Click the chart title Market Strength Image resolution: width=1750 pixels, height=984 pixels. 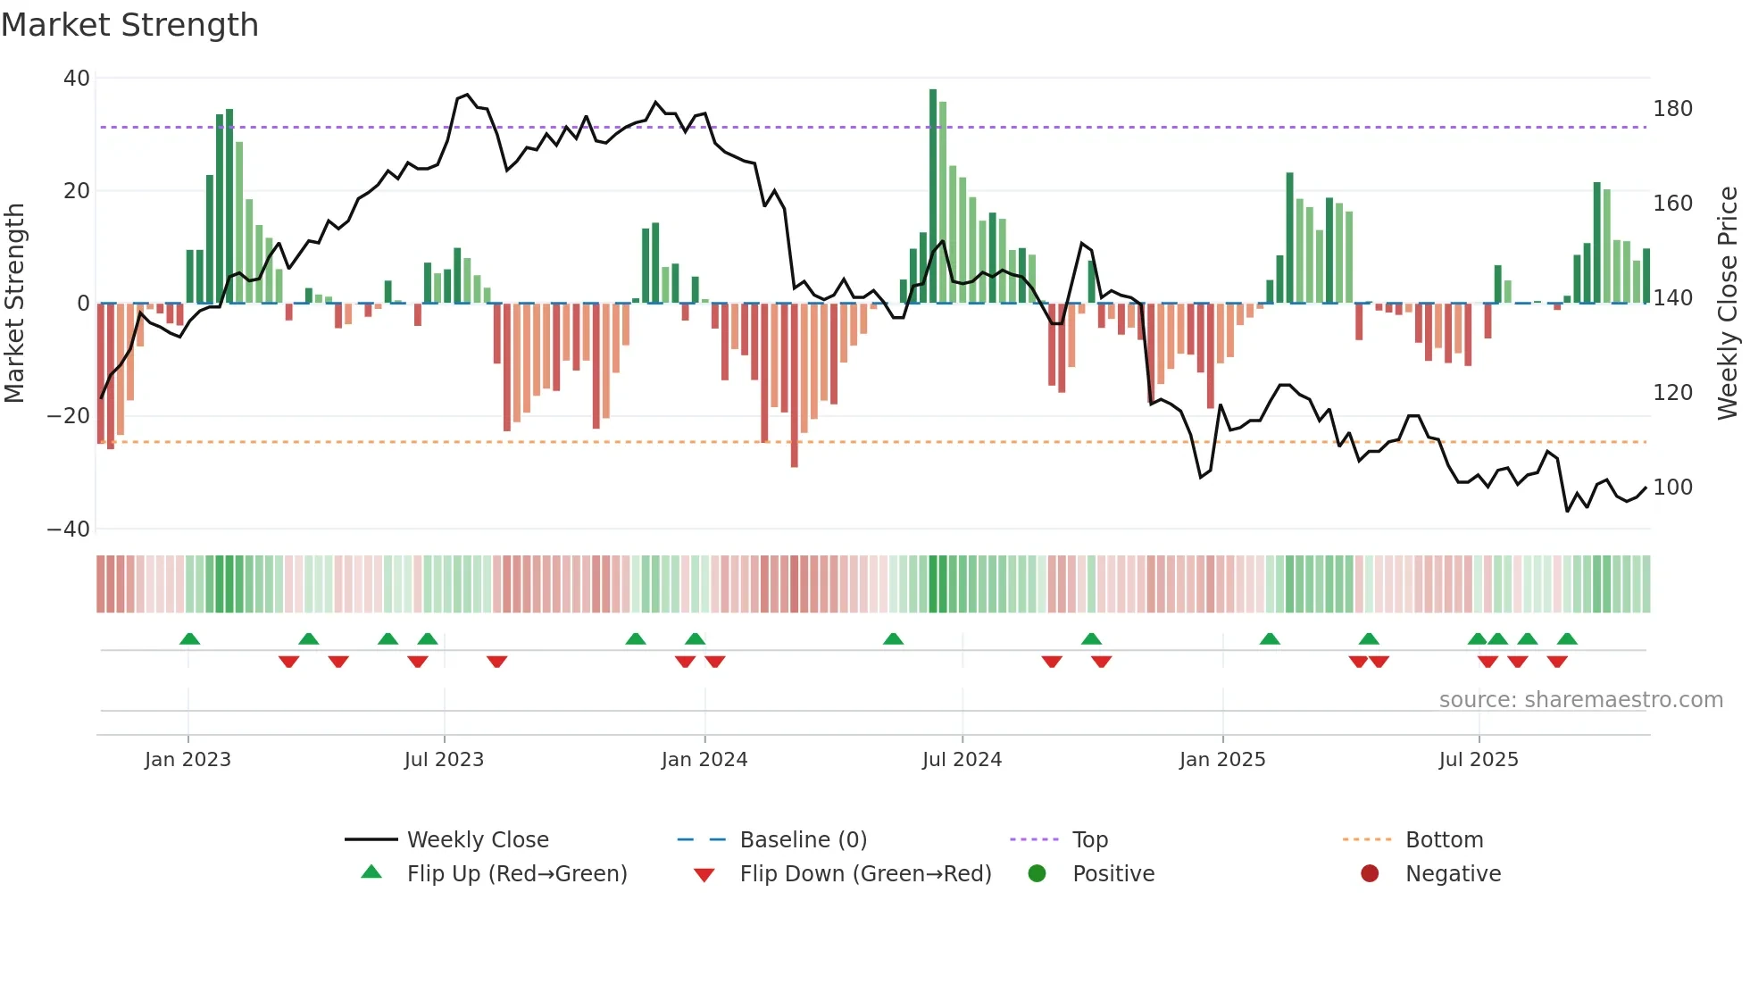[129, 25]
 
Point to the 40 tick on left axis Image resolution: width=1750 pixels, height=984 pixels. [77, 79]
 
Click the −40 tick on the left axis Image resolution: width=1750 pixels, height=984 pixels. [69, 529]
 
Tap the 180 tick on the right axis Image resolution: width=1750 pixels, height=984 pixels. [1672, 109]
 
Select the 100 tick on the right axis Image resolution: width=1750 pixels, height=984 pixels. [1672, 488]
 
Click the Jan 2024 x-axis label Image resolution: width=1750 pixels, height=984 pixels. [704, 760]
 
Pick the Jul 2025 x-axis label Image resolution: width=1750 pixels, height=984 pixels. [1478, 760]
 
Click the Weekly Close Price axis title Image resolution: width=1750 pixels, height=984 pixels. [1728, 304]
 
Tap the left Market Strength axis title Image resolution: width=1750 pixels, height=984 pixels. [14, 304]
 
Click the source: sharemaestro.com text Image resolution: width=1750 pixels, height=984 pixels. [1580, 700]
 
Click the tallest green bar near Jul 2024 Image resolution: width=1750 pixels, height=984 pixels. [933, 196]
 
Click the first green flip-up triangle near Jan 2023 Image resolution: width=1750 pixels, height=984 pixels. [189, 638]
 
